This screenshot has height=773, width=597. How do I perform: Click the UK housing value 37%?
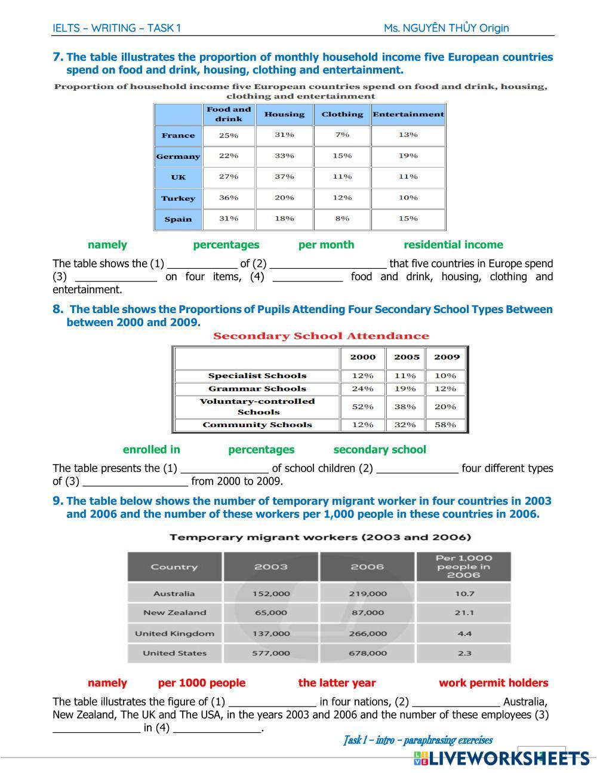(x=284, y=177)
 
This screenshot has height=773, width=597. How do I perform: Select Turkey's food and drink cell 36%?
(x=228, y=198)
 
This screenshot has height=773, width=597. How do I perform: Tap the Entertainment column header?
(x=408, y=114)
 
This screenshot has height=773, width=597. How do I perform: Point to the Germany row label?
(x=178, y=157)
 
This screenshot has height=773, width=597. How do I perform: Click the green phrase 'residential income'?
(x=453, y=244)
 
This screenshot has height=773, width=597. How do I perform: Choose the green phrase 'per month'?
(x=326, y=244)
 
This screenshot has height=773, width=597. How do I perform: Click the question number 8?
(x=57, y=309)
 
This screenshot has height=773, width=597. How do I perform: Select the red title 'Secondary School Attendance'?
(x=321, y=336)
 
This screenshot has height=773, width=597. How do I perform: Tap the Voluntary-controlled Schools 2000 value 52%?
(x=362, y=407)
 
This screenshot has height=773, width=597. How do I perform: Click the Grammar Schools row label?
(x=257, y=388)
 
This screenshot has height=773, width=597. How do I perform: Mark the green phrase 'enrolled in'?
(x=151, y=449)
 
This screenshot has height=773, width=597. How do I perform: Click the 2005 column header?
(x=407, y=357)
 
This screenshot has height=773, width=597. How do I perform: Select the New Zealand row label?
(x=174, y=612)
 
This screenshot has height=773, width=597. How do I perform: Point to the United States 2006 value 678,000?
(x=367, y=653)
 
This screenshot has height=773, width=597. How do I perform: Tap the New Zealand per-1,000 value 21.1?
(x=464, y=612)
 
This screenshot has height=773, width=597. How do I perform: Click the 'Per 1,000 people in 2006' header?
(x=464, y=566)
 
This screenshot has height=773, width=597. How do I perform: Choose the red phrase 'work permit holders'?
(x=493, y=683)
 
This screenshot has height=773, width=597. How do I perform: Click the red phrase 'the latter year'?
(x=337, y=683)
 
